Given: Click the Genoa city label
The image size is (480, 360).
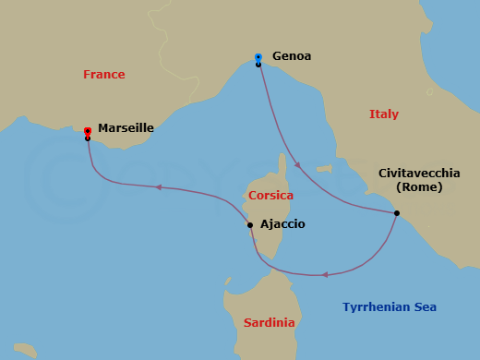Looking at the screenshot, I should [x=292, y=56].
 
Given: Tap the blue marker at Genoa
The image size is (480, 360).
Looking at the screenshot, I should [x=258, y=58].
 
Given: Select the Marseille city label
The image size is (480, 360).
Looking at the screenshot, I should [x=126, y=129].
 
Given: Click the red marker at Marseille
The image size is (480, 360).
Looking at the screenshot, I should [x=87, y=132].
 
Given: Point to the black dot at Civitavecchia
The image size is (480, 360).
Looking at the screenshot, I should [x=397, y=214].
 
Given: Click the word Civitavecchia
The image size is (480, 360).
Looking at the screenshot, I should [x=416, y=173].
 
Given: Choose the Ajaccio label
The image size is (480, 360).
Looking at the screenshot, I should [x=282, y=224].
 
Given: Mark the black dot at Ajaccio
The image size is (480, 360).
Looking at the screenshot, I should [x=250, y=224].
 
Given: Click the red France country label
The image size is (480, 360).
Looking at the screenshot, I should [x=103, y=75].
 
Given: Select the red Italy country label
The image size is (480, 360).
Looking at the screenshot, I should [x=384, y=114].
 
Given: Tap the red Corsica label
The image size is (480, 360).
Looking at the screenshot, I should [x=270, y=196].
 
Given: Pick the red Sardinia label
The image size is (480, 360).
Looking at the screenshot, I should [x=269, y=323].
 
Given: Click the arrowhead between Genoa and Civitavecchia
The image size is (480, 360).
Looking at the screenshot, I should [x=297, y=166].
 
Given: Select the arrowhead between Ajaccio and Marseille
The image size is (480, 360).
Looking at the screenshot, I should [x=158, y=187].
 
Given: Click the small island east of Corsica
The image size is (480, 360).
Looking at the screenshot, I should [x=323, y=169].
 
